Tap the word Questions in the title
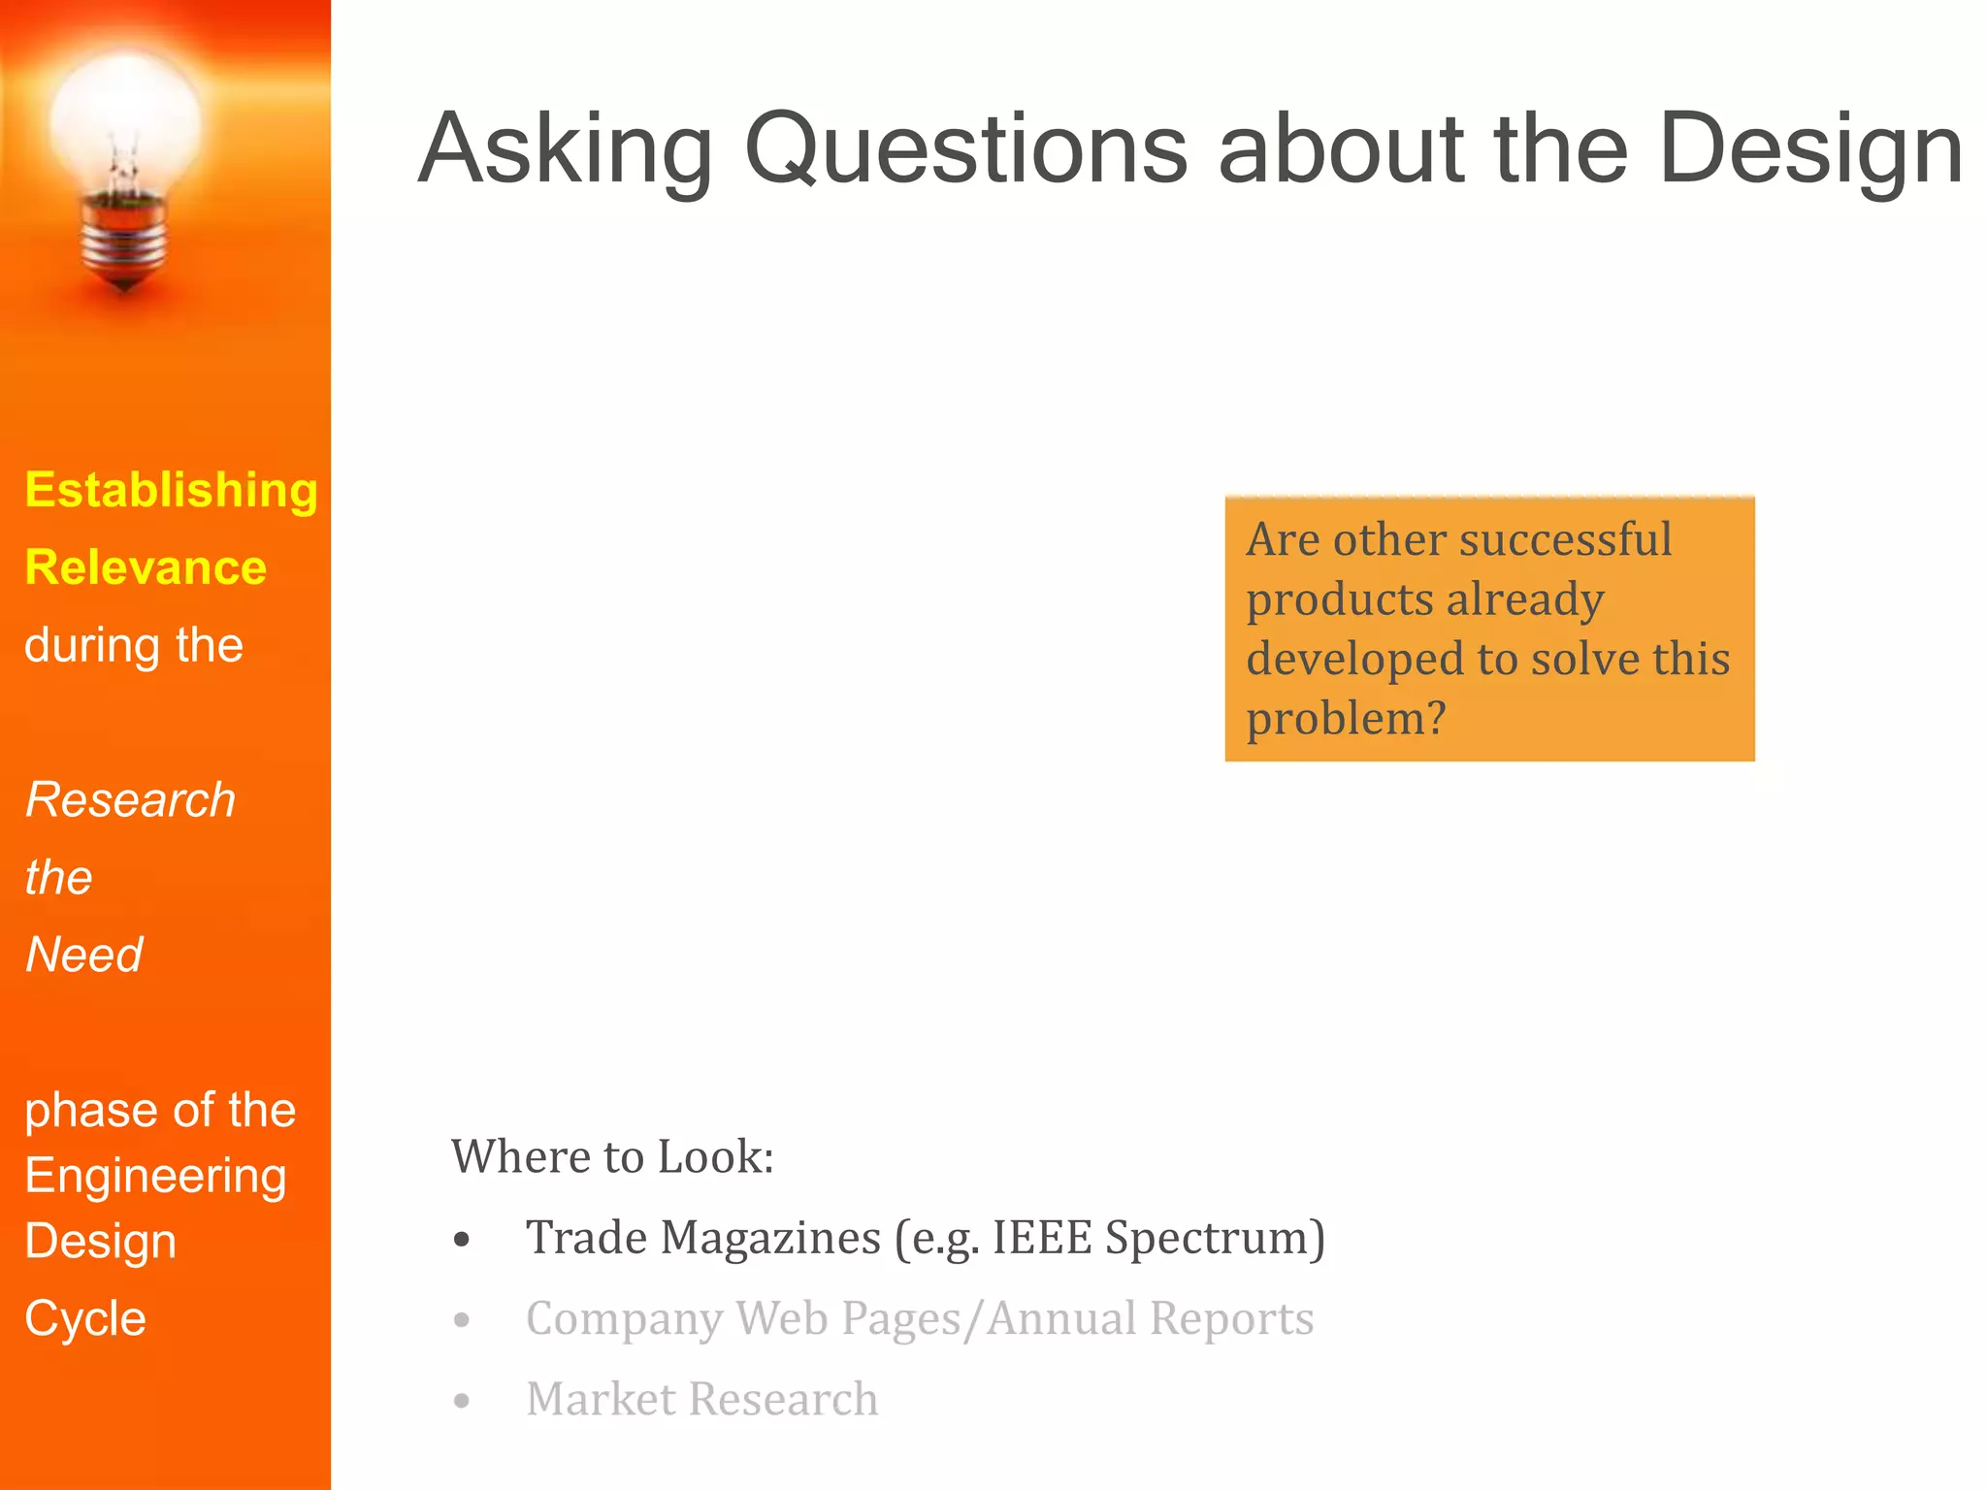point(965,150)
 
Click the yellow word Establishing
point(171,490)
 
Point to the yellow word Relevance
point(146,567)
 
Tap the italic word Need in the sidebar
point(84,955)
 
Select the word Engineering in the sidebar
point(155,1176)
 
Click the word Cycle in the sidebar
point(85,1318)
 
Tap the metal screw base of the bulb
point(123,238)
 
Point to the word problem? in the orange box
point(1346,719)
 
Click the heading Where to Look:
point(612,1156)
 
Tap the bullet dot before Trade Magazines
point(462,1240)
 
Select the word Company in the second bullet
point(624,1319)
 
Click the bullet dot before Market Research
point(462,1401)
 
